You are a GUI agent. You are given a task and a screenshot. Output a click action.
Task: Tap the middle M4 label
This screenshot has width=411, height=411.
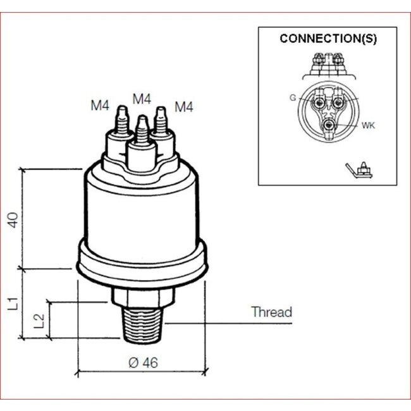(x=142, y=99)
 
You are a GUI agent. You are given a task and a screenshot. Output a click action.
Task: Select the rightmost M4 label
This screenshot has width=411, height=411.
(x=183, y=106)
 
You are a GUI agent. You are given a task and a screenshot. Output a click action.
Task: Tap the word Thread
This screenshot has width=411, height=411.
(x=271, y=312)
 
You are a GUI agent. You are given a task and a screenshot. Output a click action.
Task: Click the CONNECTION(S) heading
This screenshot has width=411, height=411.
(x=328, y=39)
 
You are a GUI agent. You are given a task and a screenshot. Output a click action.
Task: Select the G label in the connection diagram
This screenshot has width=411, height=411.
(x=293, y=97)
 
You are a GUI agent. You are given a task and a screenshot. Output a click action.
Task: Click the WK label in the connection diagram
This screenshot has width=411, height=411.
(x=369, y=126)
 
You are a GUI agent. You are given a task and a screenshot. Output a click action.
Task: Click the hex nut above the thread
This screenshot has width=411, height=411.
(x=141, y=295)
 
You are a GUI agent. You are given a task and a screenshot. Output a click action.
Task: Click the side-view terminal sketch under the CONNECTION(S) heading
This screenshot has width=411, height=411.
(x=328, y=63)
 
